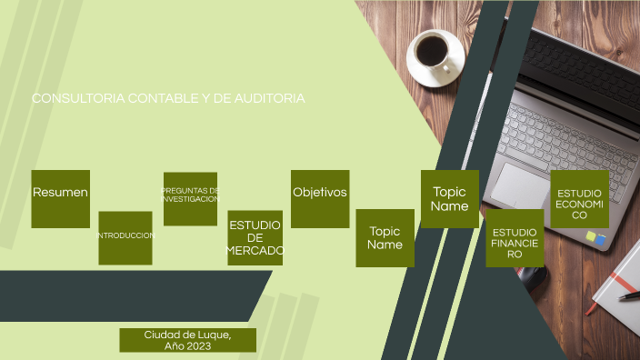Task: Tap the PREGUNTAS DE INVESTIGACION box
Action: tap(190, 198)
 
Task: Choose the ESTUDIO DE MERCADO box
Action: tap(255, 237)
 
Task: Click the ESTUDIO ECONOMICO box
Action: tap(579, 199)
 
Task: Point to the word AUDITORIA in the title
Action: tap(271, 98)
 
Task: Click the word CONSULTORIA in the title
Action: tap(71, 98)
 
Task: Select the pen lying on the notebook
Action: tap(628, 295)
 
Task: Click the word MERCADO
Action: tap(255, 250)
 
